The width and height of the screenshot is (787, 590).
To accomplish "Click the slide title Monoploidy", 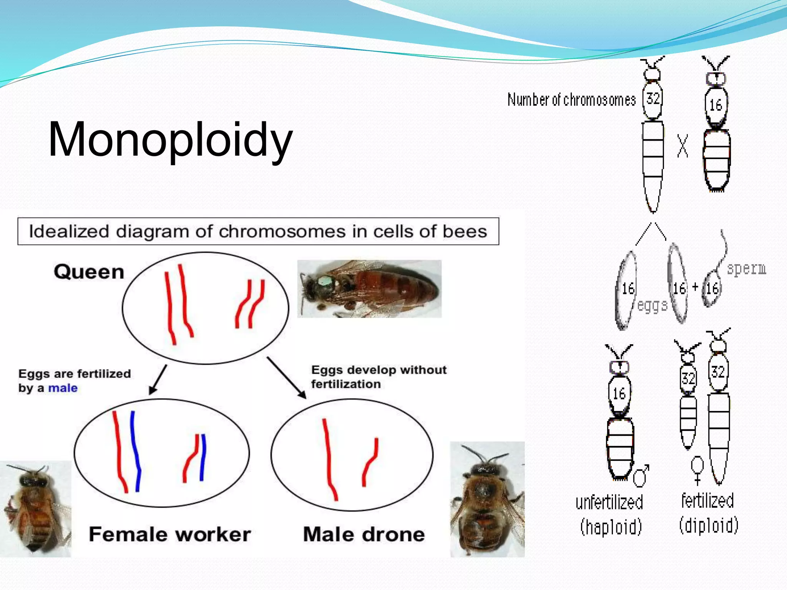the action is click(170, 140).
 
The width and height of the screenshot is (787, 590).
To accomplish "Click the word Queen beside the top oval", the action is click(89, 272).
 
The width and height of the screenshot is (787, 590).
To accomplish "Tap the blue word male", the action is click(63, 388).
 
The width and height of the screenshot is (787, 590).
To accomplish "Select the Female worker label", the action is click(169, 534).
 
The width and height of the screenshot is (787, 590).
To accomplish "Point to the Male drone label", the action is click(364, 534).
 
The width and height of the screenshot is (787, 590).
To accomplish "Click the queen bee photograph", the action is click(369, 288).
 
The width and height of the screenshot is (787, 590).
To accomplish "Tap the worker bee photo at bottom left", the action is click(36, 509).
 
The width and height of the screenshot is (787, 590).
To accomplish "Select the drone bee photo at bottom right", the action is click(487, 499).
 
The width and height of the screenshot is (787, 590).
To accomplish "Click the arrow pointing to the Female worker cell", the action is click(158, 380).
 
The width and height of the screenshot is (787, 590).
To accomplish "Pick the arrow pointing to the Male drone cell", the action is click(287, 378).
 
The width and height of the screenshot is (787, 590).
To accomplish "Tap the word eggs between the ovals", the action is click(652, 306).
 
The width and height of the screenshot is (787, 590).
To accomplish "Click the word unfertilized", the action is click(609, 502).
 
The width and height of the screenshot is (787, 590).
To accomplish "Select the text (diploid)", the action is click(709, 525).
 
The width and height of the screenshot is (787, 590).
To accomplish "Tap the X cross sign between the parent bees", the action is click(682, 146).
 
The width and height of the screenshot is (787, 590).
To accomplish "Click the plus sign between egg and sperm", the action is click(695, 287).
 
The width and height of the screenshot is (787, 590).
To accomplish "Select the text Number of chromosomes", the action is click(571, 100).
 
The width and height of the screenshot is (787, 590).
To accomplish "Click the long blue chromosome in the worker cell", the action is click(135, 451).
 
